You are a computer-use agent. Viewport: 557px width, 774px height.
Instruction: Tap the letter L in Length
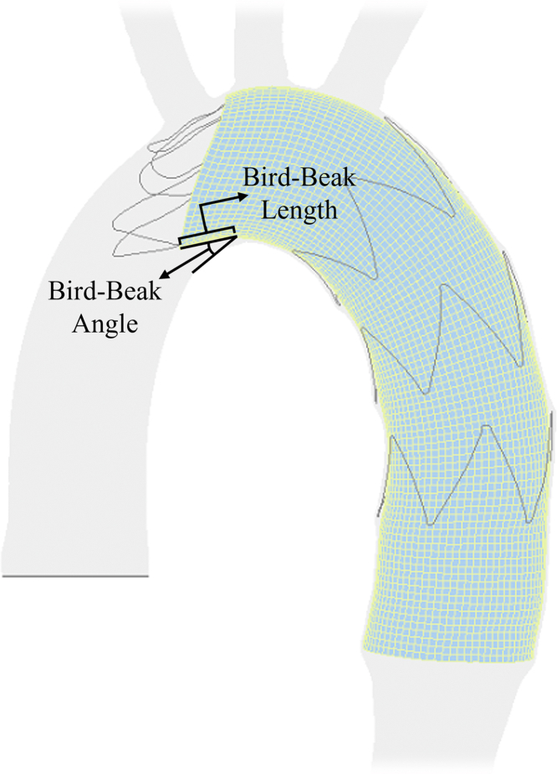pos(268,208)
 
